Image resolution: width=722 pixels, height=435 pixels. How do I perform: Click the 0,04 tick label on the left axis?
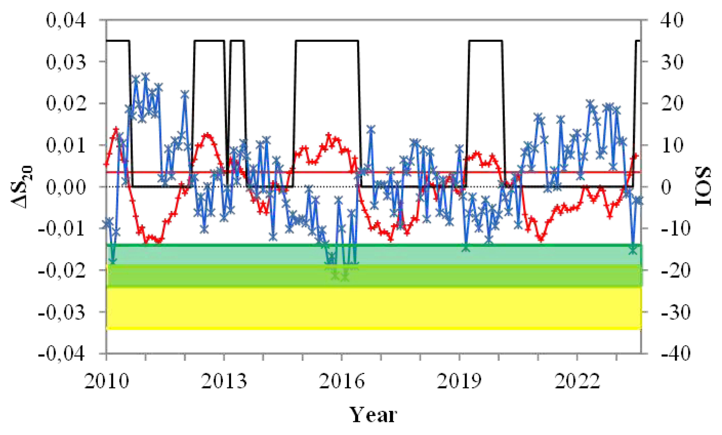click(66, 21)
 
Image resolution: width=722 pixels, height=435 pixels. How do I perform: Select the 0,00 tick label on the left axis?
click(66, 187)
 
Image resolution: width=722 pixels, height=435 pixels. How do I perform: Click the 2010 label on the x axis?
click(106, 381)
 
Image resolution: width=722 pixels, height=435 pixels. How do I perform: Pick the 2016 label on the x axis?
click(342, 381)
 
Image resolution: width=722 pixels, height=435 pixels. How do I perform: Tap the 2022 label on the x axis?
click(577, 381)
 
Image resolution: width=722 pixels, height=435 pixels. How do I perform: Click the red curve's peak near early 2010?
click(116, 129)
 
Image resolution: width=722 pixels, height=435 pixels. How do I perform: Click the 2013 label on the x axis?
click(224, 381)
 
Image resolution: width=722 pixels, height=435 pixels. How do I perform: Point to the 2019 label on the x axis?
click(459, 381)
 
